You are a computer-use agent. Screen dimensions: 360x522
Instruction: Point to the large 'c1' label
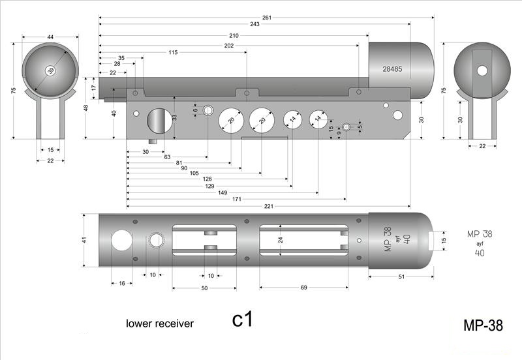[242, 320]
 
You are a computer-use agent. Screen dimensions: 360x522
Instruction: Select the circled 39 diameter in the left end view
[50, 70]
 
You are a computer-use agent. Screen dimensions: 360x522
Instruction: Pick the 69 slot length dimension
[303, 288]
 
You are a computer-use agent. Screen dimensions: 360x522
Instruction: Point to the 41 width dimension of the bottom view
[84, 240]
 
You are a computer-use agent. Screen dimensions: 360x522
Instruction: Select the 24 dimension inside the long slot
[281, 240]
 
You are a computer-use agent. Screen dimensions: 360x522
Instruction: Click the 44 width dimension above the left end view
[50, 37]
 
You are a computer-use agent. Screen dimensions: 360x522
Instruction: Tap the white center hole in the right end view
[482, 70]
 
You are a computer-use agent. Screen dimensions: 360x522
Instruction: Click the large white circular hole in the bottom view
[121, 241]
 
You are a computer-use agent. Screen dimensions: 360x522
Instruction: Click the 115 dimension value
[173, 52]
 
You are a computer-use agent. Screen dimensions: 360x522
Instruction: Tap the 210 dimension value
[233, 35]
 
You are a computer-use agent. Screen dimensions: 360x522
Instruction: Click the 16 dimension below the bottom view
[122, 283]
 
